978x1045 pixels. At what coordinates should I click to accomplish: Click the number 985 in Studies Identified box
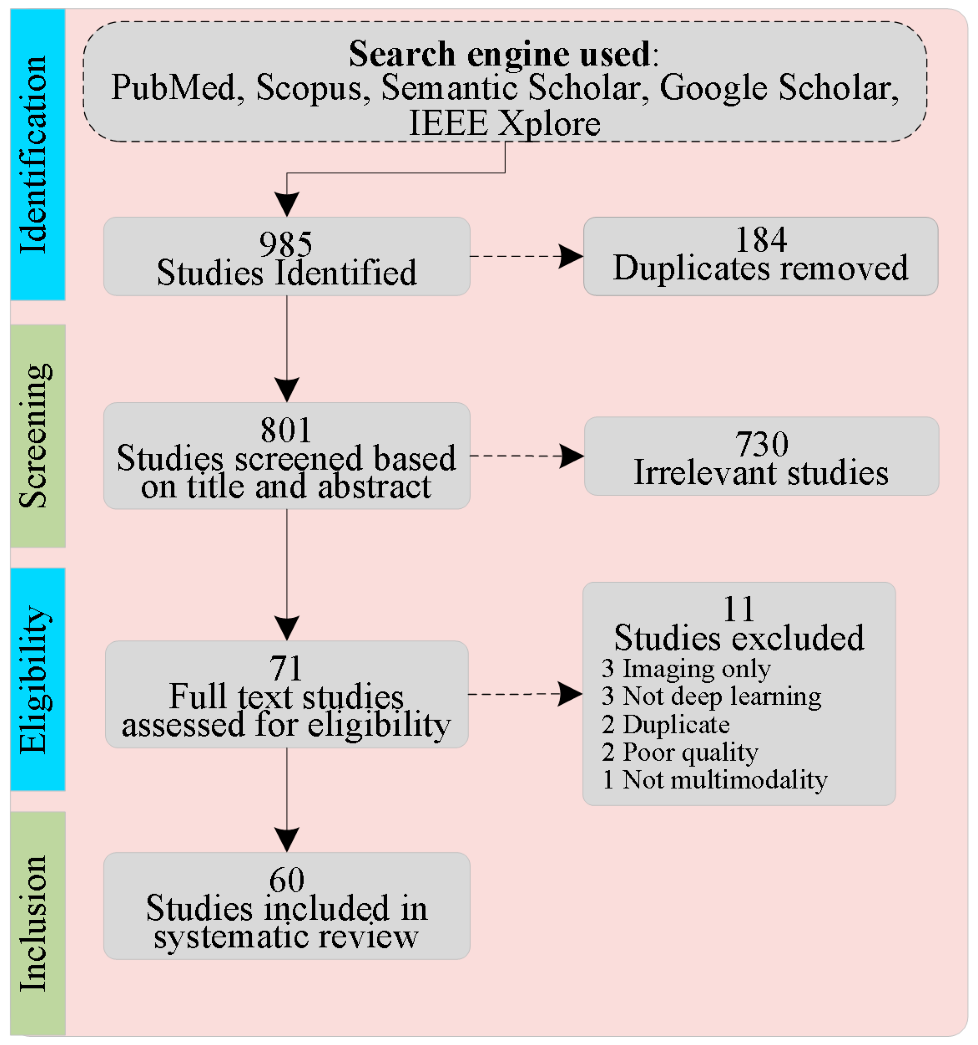286,244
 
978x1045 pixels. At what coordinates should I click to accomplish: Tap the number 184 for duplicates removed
760,240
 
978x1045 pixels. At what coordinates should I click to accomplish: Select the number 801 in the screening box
286,430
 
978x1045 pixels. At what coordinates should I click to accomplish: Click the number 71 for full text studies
286,668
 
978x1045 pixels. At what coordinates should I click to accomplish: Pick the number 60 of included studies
286,879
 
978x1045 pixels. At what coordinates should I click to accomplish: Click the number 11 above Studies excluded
739,609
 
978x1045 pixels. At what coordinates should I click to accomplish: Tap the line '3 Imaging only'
686,668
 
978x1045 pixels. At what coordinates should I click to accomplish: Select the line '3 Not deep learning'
711,696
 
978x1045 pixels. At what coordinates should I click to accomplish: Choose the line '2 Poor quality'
680,752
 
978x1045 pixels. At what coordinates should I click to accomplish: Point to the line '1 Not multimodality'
715,779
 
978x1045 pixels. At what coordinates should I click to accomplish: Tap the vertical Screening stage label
36,436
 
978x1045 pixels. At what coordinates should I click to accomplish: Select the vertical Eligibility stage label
36,679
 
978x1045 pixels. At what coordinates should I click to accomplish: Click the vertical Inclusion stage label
35,923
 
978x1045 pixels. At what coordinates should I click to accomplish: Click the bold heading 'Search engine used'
500,53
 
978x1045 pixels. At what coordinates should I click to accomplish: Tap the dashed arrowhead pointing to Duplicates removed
570,256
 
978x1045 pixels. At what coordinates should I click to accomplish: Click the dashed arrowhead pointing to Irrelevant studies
571,455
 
